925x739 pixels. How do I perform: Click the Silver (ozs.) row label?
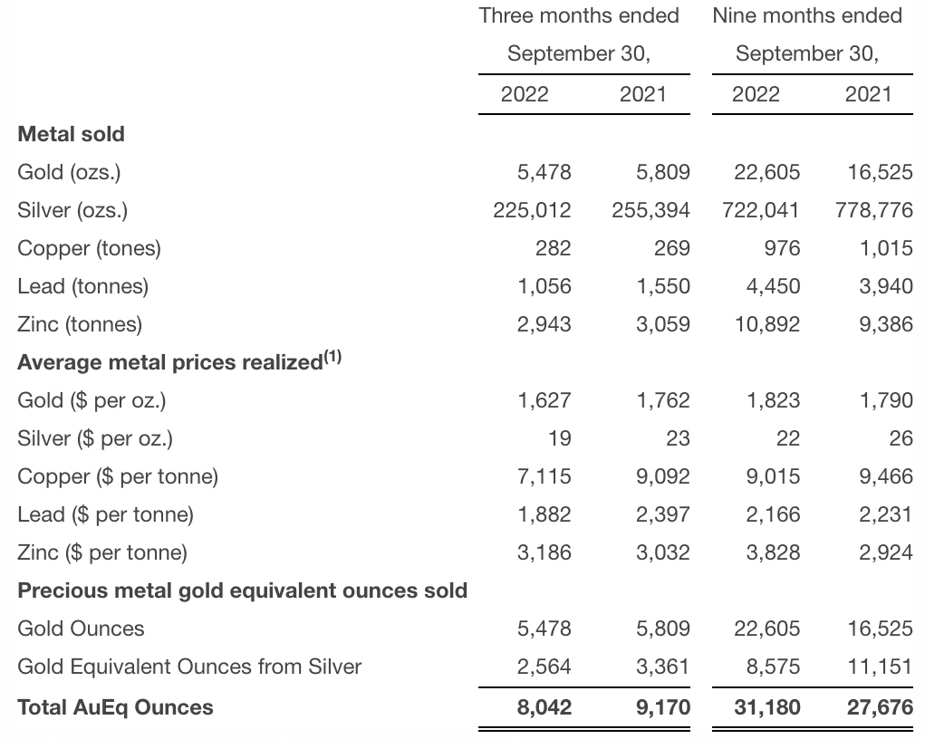(x=72, y=210)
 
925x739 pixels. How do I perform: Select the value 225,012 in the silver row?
(x=532, y=210)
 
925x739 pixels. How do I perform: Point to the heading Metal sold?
(x=72, y=134)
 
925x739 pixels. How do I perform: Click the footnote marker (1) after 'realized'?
(x=332, y=358)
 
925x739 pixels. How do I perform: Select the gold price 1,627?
(x=544, y=400)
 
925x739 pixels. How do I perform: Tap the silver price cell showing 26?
(x=901, y=438)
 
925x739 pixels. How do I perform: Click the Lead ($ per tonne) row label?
(x=106, y=514)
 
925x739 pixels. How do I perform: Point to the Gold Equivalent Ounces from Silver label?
(x=189, y=667)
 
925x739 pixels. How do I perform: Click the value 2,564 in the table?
(x=544, y=667)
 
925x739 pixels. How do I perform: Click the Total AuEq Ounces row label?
(x=116, y=707)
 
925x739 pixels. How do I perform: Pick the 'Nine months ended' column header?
(x=807, y=15)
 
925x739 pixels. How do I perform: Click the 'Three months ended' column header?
(x=579, y=15)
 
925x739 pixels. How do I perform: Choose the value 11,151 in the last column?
(x=880, y=667)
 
